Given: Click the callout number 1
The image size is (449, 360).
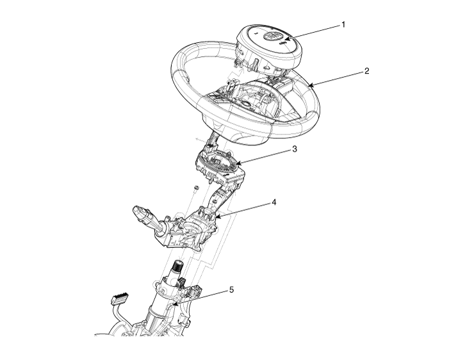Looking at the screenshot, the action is tap(343, 24).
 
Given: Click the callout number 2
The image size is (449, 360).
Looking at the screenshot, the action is tap(366, 70).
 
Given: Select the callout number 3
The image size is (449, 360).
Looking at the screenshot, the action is tap(295, 149).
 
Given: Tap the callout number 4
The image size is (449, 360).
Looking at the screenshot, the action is tap(274, 202).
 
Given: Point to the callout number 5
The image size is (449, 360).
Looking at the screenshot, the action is tap(231, 290).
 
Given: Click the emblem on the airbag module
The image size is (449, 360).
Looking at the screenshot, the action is tap(271, 37).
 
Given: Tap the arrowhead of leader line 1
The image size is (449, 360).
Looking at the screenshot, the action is tap(286, 38).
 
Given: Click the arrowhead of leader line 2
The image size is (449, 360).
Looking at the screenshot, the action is tap(311, 85).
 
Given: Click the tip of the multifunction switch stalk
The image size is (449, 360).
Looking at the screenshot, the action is tap(137, 210).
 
